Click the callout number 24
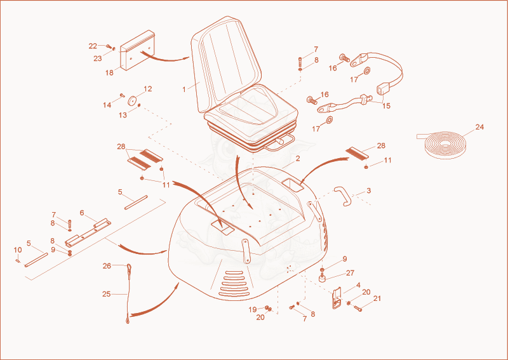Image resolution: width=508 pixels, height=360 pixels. [479, 127]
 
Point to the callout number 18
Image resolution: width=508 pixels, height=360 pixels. [109, 72]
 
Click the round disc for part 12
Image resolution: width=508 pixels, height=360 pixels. [133, 101]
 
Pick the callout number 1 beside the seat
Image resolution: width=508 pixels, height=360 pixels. [184, 90]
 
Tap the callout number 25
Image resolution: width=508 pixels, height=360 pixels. [106, 294]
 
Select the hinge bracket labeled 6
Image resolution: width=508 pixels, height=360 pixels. [88, 232]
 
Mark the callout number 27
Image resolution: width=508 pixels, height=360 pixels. [351, 273]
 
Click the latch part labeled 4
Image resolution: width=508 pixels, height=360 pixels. [337, 298]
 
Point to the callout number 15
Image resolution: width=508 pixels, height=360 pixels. [386, 106]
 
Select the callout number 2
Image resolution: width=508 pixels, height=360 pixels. [298, 159]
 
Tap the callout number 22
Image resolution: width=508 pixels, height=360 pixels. [93, 46]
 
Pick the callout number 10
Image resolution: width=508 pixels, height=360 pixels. [18, 250]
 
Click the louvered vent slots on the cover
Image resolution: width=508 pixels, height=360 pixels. [234, 284]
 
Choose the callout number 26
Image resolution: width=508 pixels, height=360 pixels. [107, 266]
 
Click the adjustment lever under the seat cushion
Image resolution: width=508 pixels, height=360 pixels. [281, 142]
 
